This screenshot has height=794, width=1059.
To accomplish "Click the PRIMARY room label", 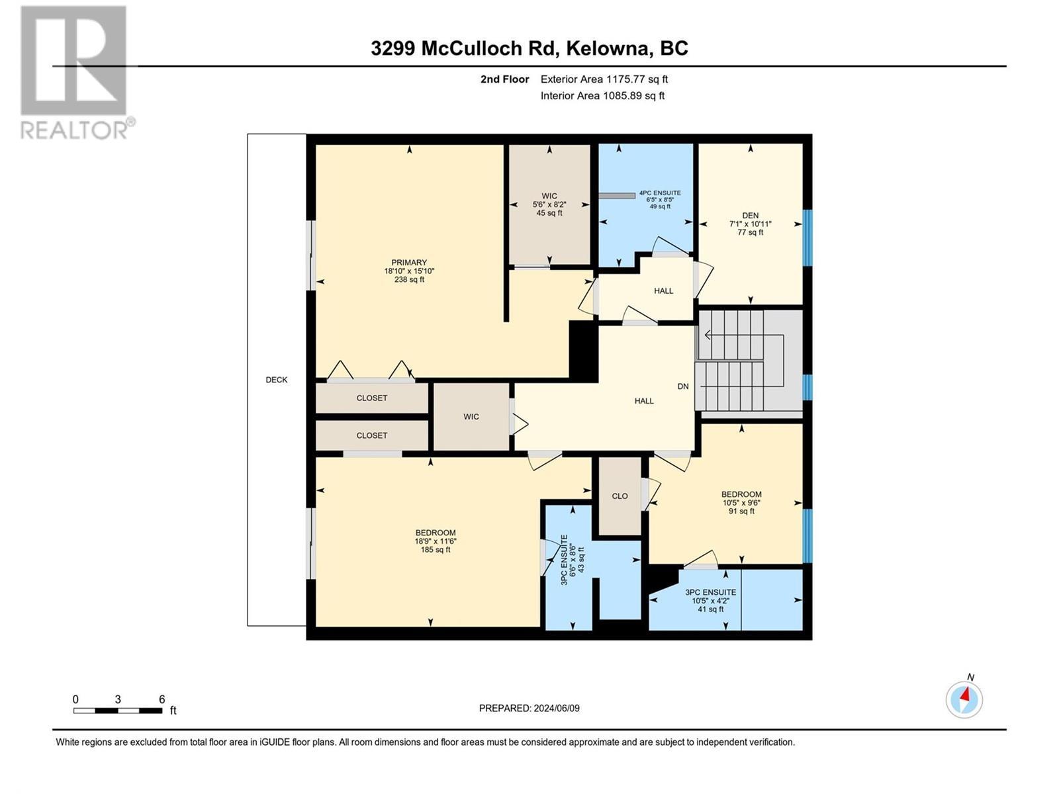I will pos(409,263).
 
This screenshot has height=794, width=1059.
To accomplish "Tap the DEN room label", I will pos(750,216).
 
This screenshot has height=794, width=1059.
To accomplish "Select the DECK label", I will pos(277,380).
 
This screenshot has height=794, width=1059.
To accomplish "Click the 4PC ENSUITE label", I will pos(659,193).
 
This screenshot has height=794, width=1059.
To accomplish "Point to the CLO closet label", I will pos(620,496).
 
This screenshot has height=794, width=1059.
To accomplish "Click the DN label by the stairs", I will pos(683,386).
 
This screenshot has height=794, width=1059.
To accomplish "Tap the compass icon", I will pos(964,699).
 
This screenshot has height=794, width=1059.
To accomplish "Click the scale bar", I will pos(118,711).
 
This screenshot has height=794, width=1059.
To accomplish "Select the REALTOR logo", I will pos(74,73).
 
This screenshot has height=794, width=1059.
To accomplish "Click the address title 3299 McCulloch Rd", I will pos(529,48).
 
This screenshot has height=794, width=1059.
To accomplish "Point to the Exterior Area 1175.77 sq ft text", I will pos(604,79).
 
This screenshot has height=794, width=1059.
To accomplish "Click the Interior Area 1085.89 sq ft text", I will pos(602,96).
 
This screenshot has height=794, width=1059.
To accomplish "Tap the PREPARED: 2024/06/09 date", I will pos(529,708).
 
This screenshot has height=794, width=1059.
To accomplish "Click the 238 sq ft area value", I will pos(409,280).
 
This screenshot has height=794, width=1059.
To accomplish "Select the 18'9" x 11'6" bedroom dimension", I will pos(436,541).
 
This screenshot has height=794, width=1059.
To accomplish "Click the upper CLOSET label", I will pos(372,398).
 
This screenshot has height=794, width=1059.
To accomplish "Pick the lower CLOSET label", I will pos(372,436).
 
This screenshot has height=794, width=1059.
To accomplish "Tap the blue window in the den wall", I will pos(807,238).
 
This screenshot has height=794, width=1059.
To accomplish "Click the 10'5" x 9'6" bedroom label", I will pos(741,503).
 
